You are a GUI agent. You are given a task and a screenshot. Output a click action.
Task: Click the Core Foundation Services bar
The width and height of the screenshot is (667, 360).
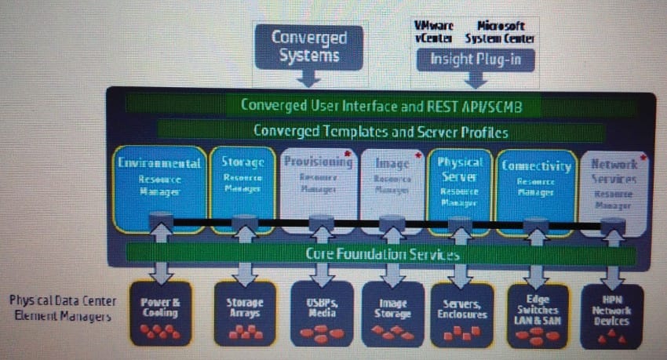point(381,254)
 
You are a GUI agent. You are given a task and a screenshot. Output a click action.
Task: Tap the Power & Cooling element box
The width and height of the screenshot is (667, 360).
point(160,314)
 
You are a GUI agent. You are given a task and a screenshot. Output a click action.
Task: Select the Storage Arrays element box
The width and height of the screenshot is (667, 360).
point(245,314)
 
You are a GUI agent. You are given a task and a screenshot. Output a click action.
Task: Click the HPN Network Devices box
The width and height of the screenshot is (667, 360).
point(612,314)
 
